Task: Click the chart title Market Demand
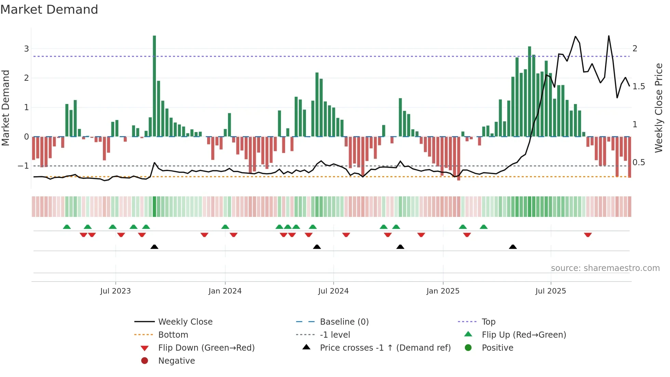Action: tap(49, 10)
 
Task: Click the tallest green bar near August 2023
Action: tap(155, 86)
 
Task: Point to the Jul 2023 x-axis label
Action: tap(116, 291)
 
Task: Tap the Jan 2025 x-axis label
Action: tap(443, 291)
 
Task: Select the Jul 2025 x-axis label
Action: tap(551, 291)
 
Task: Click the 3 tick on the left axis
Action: tap(26, 49)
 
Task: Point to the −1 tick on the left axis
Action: tap(24, 166)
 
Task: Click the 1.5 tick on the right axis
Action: tap(639, 87)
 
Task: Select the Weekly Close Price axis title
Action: tap(658, 108)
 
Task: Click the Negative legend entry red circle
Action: tap(145, 361)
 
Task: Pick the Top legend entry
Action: tap(488, 322)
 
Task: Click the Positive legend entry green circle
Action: tap(468, 348)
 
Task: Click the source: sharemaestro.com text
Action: tap(605, 268)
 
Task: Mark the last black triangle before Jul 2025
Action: tap(513, 247)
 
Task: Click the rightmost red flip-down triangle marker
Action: tap(588, 235)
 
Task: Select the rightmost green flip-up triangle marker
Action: tap(484, 227)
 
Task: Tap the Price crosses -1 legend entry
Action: tap(385, 348)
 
